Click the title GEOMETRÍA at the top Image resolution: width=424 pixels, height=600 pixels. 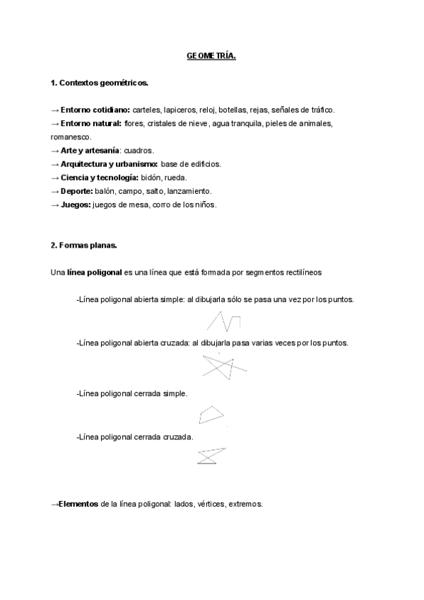(212, 56)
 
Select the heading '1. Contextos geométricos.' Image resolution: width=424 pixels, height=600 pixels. (100, 83)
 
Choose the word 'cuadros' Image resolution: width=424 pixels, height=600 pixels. (139, 150)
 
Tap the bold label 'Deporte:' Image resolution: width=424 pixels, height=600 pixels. (77, 191)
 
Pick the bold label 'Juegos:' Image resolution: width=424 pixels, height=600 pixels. (76, 204)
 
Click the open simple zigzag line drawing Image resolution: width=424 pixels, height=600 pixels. (223, 322)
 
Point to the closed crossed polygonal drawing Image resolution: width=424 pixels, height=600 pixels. (211, 456)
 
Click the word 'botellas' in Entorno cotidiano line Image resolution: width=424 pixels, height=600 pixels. (232, 110)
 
